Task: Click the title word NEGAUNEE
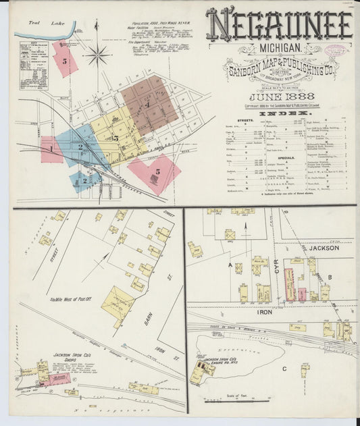pyautogui.click(x=279, y=25)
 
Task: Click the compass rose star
pyautogui.click(x=98, y=55)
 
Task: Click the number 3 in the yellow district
pyautogui.click(x=115, y=138)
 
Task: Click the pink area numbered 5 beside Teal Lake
pyautogui.click(x=65, y=59)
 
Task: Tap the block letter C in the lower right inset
pyautogui.click(x=284, y=369)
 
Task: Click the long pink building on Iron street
pyautogui.click(x=289, y=284)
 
